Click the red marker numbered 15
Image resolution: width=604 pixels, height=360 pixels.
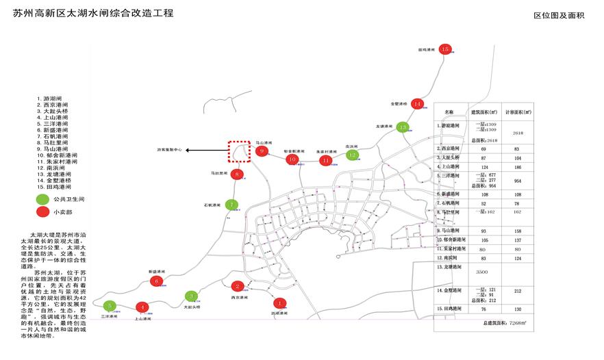[445, 49]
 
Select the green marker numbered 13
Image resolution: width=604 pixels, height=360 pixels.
[403, 127]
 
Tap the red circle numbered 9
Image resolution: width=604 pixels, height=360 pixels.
[261, 151]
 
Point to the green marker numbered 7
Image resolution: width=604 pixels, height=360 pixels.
[232, 204]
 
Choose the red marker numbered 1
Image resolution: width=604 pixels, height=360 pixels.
[279, 303]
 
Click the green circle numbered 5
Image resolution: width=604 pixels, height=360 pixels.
[110, 305]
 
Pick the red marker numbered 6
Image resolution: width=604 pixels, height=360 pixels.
[157, 281]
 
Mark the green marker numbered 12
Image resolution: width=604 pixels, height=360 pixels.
[352, 155]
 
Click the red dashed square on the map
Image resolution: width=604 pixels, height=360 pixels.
[239, 151]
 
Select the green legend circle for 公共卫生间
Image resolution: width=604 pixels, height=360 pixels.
[43, 198]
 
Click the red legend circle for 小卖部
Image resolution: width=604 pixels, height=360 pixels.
[43, 212]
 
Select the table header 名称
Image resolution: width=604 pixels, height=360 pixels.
[449, 111]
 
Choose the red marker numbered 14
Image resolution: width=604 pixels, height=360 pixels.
[418, 103]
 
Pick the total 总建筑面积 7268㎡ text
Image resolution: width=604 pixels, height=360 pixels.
[505, 322]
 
